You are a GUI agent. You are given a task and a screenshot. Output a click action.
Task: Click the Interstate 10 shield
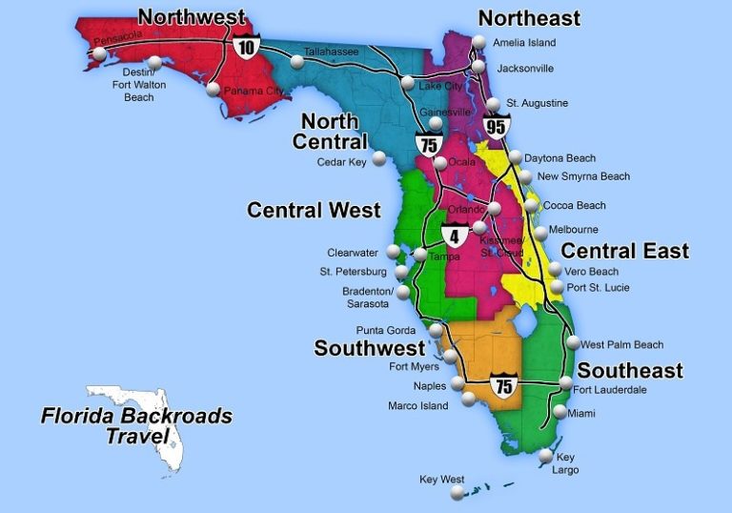point(246,45)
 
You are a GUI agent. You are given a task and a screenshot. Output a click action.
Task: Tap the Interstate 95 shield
point(496,125)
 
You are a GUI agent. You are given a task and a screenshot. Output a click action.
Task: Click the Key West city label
point(441,479)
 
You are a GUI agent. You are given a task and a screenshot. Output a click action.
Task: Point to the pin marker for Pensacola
point(99,53)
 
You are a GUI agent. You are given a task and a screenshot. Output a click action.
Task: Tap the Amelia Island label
point(523,43)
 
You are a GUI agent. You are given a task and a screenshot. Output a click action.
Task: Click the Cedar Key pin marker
point(380,157)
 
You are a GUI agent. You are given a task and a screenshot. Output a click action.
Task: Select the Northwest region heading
point(192,17)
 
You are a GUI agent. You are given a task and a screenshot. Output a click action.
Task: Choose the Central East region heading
point(624,251)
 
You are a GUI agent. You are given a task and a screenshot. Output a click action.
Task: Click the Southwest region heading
point(369,348)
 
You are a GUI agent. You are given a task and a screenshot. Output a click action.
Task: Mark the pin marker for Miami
point(559,413)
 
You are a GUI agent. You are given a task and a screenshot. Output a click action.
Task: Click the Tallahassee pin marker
point(298,62)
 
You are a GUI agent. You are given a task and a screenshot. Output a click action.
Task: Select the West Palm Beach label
point(622,344)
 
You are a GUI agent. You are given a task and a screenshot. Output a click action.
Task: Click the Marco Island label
point(417,406)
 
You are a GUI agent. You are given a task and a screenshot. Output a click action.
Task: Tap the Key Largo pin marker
point(545,457)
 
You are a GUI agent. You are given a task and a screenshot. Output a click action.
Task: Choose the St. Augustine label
point(537,103)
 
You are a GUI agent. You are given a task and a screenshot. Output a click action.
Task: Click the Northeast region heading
point(529,18)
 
